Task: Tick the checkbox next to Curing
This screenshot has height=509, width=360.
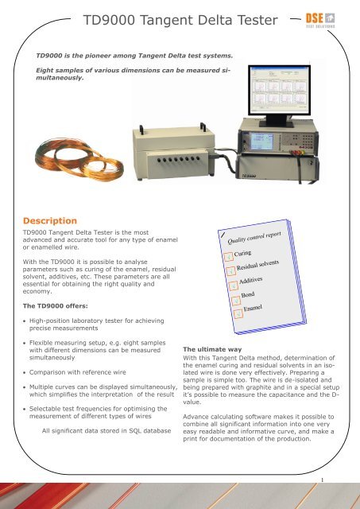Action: tap(229, 256)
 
